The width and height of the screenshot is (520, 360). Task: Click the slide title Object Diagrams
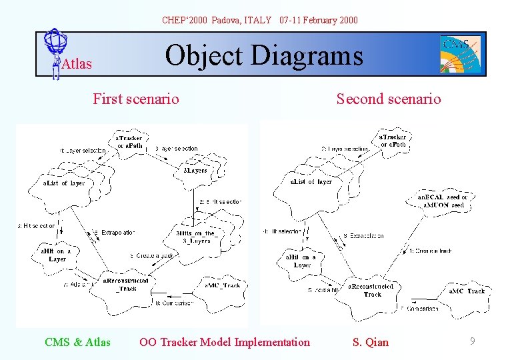(x=264, y=56)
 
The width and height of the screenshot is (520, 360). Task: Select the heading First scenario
(x=136, y=99)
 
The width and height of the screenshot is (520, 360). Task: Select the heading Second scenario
(x=388, y=99)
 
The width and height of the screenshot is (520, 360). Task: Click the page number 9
(x=472, y=341)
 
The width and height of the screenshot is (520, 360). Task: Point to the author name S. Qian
(x=370, y=342)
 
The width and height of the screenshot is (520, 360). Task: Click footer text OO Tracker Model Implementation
(x=225, y=342)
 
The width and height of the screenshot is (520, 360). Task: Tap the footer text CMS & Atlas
(x=77, y=342)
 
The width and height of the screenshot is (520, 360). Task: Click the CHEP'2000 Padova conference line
(x=260, y=20)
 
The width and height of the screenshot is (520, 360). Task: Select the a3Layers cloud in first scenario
(x=195, y=171)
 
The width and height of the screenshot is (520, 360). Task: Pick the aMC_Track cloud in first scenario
(x=221, y=285)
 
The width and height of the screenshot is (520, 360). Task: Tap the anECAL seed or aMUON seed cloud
(x=442, y=201)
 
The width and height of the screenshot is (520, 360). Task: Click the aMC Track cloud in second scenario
(x=467, y=291)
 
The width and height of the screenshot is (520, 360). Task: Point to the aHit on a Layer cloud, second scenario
(x=301, y=261)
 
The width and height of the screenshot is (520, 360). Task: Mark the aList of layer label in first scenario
(x=64, y=183)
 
